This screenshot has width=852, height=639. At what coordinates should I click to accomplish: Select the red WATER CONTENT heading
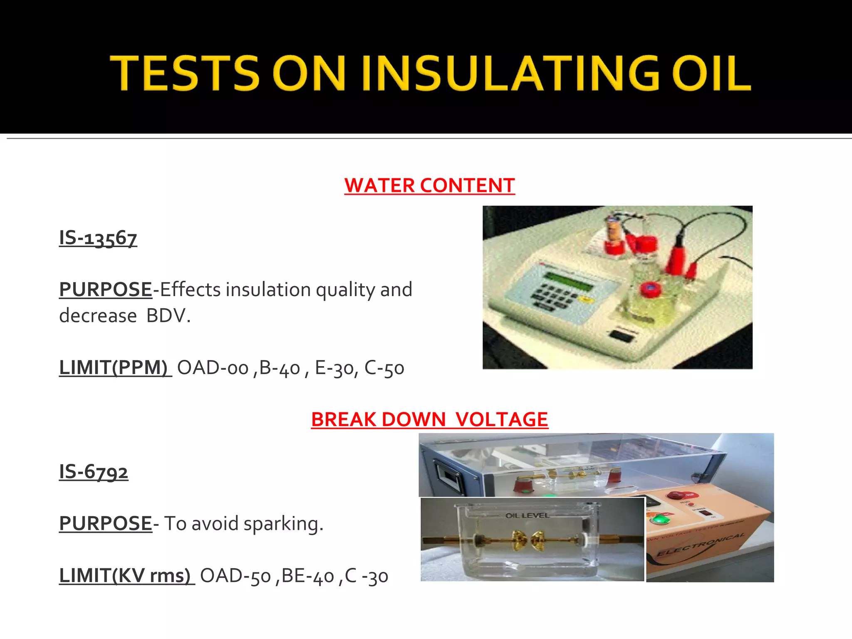click(429, 186)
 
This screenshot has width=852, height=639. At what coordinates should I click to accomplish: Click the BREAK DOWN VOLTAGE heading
click(429, 419)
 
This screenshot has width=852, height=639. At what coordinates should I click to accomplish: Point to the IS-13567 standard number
click(98, 238)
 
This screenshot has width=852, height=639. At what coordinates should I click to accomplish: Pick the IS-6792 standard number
click(94, 472)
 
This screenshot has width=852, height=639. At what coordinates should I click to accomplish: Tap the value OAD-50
click(235, 576)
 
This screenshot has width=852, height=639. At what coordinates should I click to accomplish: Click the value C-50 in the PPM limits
click(384, 368)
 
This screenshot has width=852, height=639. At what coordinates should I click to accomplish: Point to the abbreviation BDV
click(168, 316)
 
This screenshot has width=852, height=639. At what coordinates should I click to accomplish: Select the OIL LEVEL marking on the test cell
click(527, 515)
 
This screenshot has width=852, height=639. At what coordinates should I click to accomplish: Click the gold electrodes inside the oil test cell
click(530, 540)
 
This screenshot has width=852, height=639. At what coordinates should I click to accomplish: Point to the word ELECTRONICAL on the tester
click(700, 544)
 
